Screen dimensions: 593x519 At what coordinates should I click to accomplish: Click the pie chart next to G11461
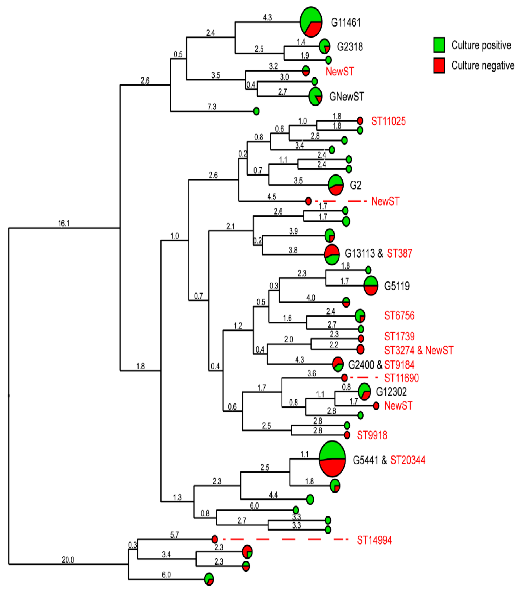pos(311,22)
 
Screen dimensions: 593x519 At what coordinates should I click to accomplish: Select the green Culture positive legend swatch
pos(439,45)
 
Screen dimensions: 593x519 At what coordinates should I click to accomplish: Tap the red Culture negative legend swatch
pos(439,65)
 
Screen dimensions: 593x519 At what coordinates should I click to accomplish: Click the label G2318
pos(350,47)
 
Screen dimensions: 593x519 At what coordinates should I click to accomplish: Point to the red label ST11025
pos(388,121)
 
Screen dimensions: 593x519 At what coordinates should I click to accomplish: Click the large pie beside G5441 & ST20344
pos(332,459)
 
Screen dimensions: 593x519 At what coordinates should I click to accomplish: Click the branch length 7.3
pos(212,107)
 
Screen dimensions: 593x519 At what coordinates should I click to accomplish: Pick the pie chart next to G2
pos(336,185)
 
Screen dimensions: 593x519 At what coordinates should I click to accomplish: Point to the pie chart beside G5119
pos(371,286)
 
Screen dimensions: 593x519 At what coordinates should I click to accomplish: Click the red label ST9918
pos(372,435)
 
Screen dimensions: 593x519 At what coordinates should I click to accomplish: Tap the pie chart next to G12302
pos(364,392)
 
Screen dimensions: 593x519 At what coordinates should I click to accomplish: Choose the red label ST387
pos(399,253)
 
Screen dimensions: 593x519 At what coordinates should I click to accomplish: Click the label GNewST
pos(346,96)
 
